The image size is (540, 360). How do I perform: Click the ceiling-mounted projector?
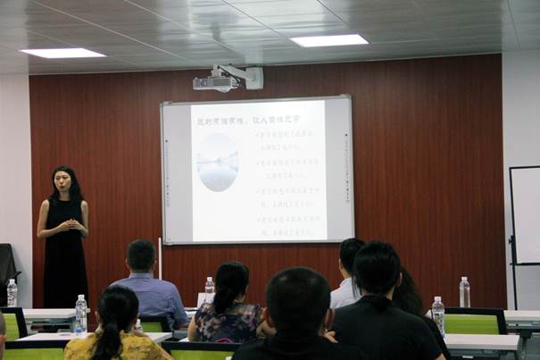218,82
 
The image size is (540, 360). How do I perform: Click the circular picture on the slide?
217,162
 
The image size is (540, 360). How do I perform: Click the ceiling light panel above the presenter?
62,53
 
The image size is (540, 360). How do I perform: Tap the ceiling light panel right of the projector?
328,40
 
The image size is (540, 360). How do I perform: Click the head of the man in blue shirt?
141,256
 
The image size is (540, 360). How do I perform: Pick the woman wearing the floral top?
228,308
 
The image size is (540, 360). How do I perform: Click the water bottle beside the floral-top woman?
209,290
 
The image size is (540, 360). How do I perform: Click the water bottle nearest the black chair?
12,293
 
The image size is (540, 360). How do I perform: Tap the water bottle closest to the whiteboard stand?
464,292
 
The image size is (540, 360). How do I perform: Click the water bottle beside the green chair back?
437,315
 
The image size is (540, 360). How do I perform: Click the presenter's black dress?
65,259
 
